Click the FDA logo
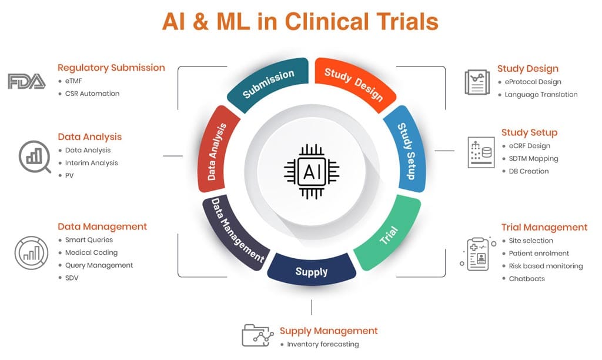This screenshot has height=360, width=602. [x=26, y=81]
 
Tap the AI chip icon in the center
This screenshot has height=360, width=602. [x=311, y=171]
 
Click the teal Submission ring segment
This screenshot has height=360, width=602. [x=269, y=84]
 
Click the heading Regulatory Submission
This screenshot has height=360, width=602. [x=111, y=68]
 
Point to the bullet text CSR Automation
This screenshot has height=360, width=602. [x=92, y=94]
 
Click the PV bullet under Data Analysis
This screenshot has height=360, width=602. [x=69, y=176]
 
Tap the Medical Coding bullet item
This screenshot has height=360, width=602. [x=91, y=252]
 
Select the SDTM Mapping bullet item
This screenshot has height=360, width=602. [x=533, y=158]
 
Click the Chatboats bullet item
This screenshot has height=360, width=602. [x=527, y=278]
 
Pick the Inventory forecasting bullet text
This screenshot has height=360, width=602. [x=323, y=344]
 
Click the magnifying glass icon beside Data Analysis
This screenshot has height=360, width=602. [x=35, y=156]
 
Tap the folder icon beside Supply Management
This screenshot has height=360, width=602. [x=257, y=335]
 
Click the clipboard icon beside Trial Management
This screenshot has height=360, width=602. [x=476, y=254]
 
